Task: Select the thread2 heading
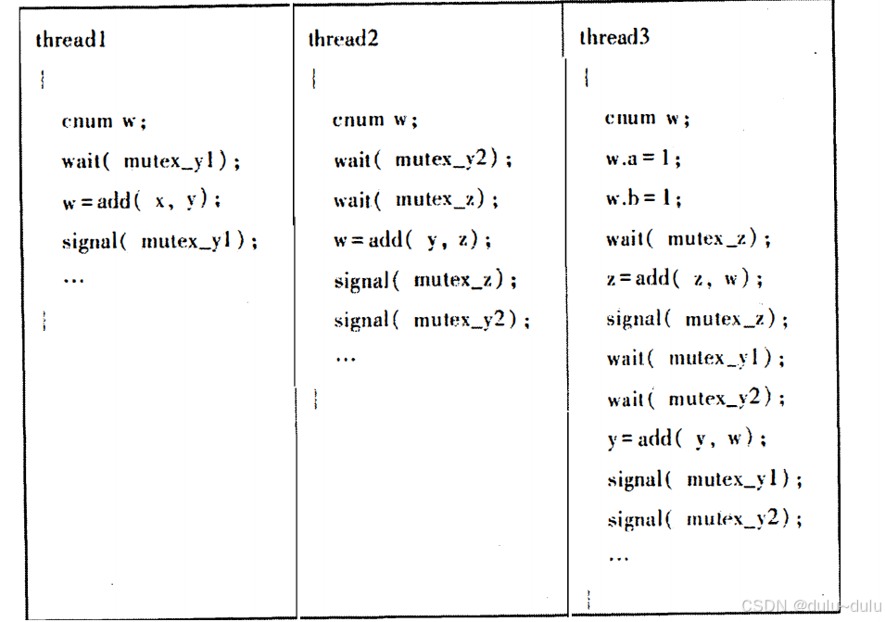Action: pyautogui.click(x=343, y=39)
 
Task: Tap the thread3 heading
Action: pyautogui.click(x=614, y=37)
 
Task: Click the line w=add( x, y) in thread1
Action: pyautogui.click(x=142, y=201)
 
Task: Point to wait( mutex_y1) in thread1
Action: pyautogui.click(x=151, y=161)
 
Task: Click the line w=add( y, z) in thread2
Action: pyautogui.click(x=412, y=240)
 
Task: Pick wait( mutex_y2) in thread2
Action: pyautogui.click(x=423, y=159)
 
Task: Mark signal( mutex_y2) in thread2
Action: pyautogui.click(x=433, y=321)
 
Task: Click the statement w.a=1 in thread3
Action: pyautogui.click(x=643, y=159)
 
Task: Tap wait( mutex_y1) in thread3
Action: pyautogui.click(x=696, y=359)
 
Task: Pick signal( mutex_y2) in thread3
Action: pyautogui.click(x=705, y=519)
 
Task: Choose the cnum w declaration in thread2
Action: pyautogui.click(x=375, y=120)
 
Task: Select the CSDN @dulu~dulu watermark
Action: pyautogui.click(x=809, y=604)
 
